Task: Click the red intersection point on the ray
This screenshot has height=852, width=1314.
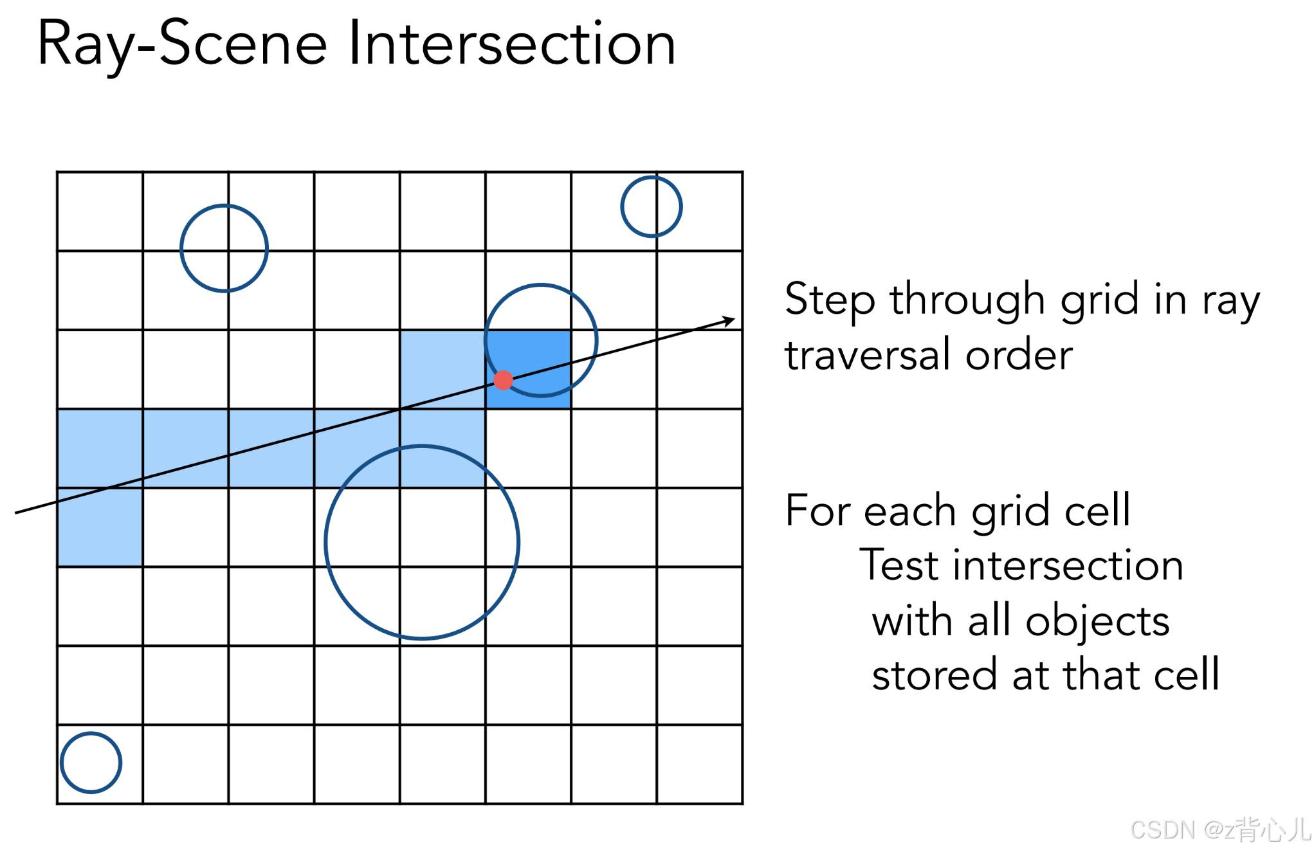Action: tap(503, 380)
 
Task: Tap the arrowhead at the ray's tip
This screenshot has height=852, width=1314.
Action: tap(729, 320)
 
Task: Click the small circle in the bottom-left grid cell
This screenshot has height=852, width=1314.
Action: tap(91, 763)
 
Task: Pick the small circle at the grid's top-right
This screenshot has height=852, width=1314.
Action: tap(651, 206)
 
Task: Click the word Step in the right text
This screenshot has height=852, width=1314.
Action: tap(830, 300)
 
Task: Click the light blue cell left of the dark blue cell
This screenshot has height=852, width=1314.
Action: tap(443, 369)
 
